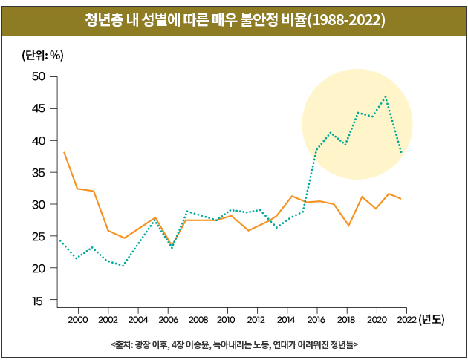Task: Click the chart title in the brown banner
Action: pos(235,20)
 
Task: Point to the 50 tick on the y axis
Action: pos(38,76)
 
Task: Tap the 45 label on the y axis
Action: pos(38,108)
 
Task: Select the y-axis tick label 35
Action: pos(38,172)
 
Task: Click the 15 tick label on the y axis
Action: pos(38,301)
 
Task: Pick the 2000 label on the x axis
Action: pos(78,320)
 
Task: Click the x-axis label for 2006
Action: pos(168,320)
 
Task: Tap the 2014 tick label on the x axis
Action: pos(287,320)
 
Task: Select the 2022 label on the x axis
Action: pos(406,320)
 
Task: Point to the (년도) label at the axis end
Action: pos(432,320)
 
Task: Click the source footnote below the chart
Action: pos(234,344)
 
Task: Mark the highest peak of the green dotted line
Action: pos(386,96)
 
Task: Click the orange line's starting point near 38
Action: pos(64,152)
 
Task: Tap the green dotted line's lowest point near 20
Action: pos(123,265)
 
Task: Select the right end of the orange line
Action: pos(402,199)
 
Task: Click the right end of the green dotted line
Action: pos(402,154)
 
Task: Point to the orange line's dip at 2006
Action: pos(172,246)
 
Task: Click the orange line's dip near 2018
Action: pos(348,225)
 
